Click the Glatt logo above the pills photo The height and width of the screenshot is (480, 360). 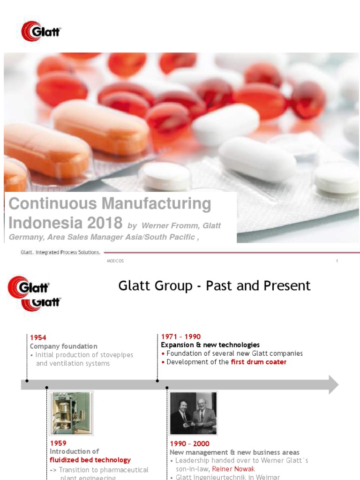(41, 31)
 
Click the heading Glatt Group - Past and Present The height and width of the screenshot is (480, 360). (214, 285)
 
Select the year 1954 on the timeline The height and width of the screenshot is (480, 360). (38, 337)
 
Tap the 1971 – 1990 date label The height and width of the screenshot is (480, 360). (181, 337)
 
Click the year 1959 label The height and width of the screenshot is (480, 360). (58, 443)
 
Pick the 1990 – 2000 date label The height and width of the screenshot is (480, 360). (189, 443)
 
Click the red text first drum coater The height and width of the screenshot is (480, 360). (258, 362)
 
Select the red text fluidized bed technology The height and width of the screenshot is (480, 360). (90, 460)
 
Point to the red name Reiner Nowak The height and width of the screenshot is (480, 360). (233, 469)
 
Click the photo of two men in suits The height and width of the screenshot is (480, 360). (193, 413)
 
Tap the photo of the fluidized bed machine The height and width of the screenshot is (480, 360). (71, 413)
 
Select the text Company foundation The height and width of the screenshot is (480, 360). (64, 346)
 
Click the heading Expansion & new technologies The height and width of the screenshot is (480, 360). (210, 345)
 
